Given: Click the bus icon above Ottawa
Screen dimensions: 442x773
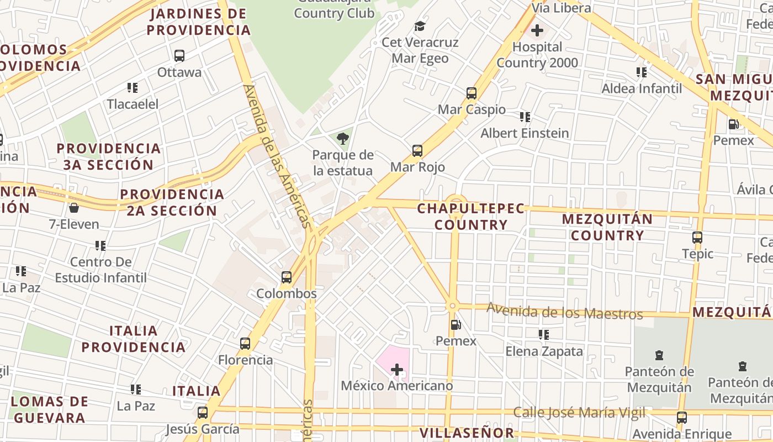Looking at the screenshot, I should pos(179,56).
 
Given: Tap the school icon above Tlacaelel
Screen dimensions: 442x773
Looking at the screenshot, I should pos(133,87).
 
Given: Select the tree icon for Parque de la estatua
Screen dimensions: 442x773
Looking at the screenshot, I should pos(343,138).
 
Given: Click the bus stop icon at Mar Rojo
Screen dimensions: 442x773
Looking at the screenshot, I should pos(417,150).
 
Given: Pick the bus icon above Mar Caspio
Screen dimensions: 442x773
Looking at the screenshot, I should pos(472,93).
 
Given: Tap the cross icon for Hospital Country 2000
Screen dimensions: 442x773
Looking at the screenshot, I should pos(537,30).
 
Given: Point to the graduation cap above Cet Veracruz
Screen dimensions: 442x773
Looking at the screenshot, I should pos(420,26).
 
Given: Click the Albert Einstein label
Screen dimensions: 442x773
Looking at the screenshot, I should pos(525,133).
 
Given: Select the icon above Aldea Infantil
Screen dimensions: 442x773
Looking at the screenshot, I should pos(642,72).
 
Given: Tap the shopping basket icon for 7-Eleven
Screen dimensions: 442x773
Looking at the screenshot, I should pos(73,208).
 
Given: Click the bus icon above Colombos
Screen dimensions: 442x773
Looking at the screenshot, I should pos(287,277).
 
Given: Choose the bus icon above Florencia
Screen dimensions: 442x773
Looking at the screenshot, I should pos(245,344).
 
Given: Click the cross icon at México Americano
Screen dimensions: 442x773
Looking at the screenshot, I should pos(397,369).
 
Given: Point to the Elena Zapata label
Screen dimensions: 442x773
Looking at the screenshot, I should pos(544,351).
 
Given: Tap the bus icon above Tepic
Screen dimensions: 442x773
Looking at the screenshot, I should pos(697,238).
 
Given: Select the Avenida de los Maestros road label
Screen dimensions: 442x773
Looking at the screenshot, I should pos(564,312).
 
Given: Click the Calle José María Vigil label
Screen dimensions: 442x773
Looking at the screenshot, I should pos(579,412).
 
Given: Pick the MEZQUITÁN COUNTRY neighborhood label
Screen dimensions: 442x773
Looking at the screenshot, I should pos(607,227).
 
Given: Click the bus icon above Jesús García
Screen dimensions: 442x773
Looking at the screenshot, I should pos(203,412).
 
